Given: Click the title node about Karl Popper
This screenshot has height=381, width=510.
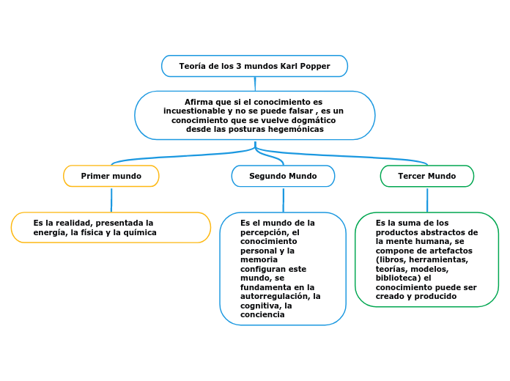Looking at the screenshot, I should (x=254, y=66).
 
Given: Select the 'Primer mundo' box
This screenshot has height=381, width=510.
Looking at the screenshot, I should (x=111, y=176).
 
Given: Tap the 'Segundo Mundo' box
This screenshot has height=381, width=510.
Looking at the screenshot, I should (x=283, y=176).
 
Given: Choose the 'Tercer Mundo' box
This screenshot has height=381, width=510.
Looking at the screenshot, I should (x=426, y=176).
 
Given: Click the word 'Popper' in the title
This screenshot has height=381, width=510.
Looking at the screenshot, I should (x=315, y=66).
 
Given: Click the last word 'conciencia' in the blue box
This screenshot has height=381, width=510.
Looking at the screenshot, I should (x=262, y=314).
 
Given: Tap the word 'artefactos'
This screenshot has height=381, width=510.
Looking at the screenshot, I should (x=448, y=250).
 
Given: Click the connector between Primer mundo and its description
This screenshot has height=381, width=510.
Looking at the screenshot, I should (x=111, y=199).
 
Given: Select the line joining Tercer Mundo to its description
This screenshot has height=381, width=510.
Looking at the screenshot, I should (x=427, y=199).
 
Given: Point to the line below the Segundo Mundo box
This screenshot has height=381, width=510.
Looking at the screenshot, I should (x=283, y=199).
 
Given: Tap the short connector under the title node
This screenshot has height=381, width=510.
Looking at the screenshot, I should (x=255, y=84).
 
